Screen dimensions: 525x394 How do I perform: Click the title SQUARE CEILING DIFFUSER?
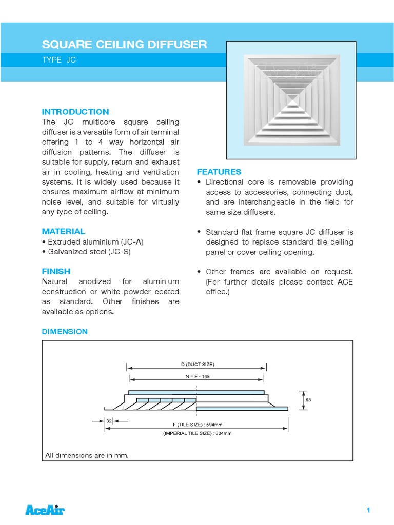click(124, 45)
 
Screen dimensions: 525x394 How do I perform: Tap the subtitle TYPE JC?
click(59, 60)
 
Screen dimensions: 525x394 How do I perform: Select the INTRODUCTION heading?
click(75, 112)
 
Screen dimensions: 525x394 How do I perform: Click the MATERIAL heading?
click(64, 231)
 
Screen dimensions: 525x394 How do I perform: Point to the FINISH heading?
click(56, 271)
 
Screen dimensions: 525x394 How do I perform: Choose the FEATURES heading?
click(219, 172)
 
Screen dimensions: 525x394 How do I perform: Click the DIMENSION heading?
click(65, 332)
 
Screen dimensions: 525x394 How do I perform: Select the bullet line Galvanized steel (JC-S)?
click(85, 251)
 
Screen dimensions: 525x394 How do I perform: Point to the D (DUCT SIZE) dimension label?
click(198, 364)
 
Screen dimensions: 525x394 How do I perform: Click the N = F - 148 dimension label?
click(198, 376)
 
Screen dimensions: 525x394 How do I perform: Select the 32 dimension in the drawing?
click(109, 421)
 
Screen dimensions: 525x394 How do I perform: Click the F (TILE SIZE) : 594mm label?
click(198, 425)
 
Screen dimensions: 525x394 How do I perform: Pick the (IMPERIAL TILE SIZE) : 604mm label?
click(198, 433)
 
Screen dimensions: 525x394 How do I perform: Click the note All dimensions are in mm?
click(87, 455)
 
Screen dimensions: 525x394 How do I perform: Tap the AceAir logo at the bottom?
click(45, 510)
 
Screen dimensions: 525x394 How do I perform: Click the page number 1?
click(368, 510)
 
